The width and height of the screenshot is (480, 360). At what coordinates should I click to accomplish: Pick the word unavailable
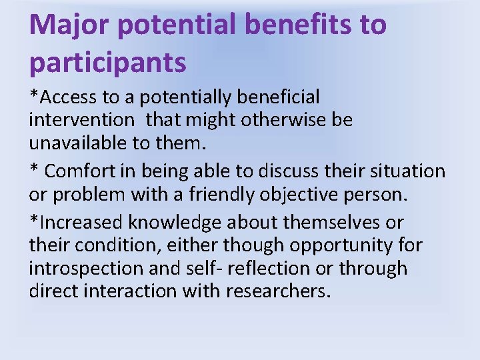pyautogui.click(x=75, y=144)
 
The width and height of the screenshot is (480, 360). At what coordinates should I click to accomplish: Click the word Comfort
pyautogui.click(x=78, y=171)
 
